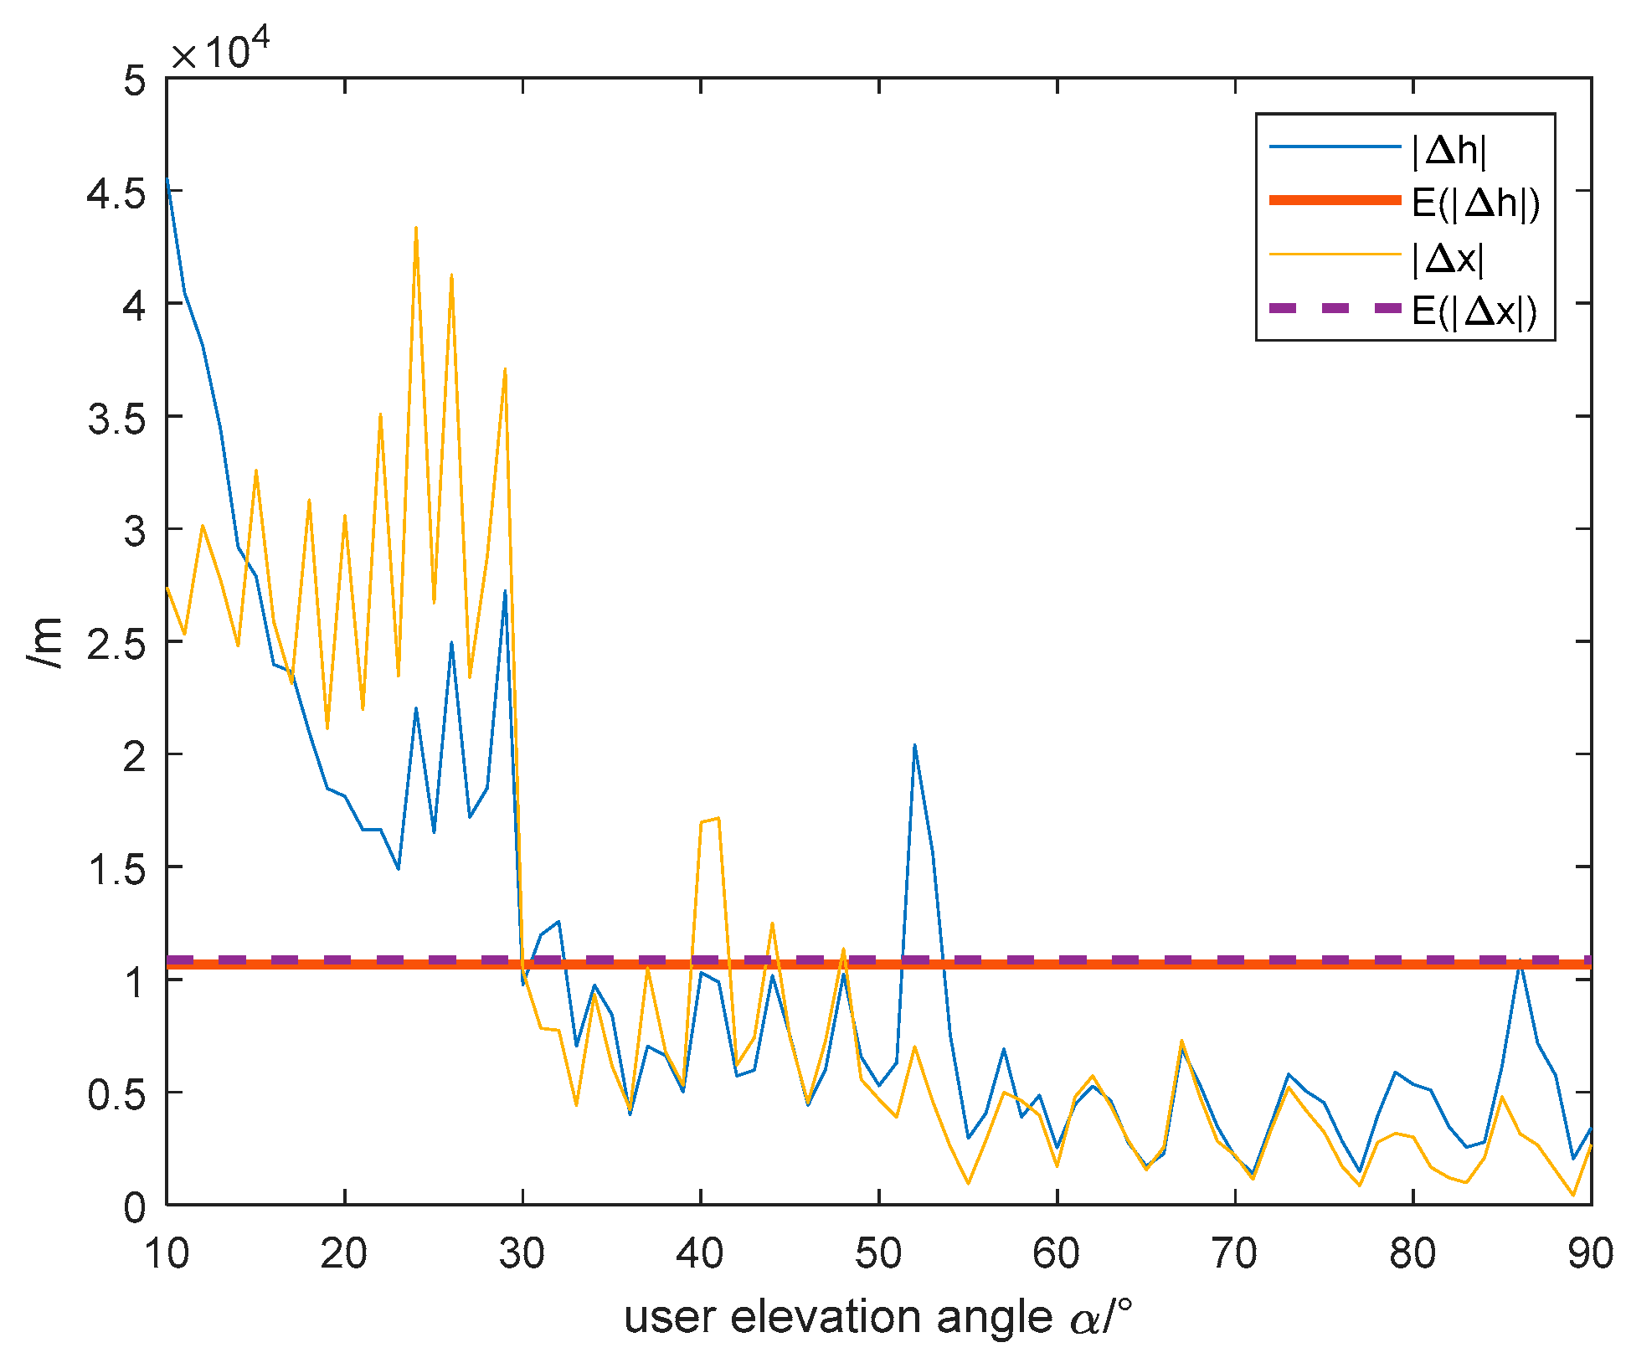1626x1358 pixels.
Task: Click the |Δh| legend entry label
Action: pos(1449,151)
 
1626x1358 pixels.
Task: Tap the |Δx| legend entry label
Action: pos(1448,259)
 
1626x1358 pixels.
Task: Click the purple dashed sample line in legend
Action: pos(1335,308)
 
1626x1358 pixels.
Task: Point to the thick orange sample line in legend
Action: pos(1335,200)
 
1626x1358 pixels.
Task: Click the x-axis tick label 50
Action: pos(878,1254)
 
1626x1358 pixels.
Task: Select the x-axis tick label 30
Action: pos(522,1254)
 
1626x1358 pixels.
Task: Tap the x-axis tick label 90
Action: pos(1589,1254)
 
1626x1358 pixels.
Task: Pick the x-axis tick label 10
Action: pos(167,1254)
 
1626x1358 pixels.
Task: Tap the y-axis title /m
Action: pos(45,643)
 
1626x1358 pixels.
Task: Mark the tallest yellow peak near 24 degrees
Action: pos(415,228)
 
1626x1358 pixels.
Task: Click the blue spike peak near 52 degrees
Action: pos(914,744)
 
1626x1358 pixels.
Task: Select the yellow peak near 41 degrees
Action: pos(718,818)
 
